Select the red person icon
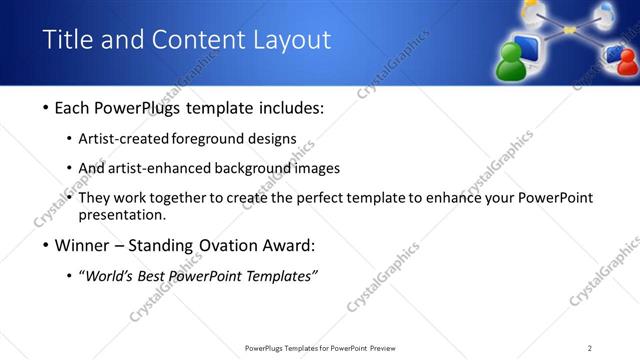click(x=627, y=63)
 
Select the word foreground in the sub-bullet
click(x=213, y=139)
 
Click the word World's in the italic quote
click(x=111, y=277)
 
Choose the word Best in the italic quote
click(x=156, y=277)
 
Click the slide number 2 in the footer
click(x=590, y=348)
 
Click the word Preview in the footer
click(x=389, y=348)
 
